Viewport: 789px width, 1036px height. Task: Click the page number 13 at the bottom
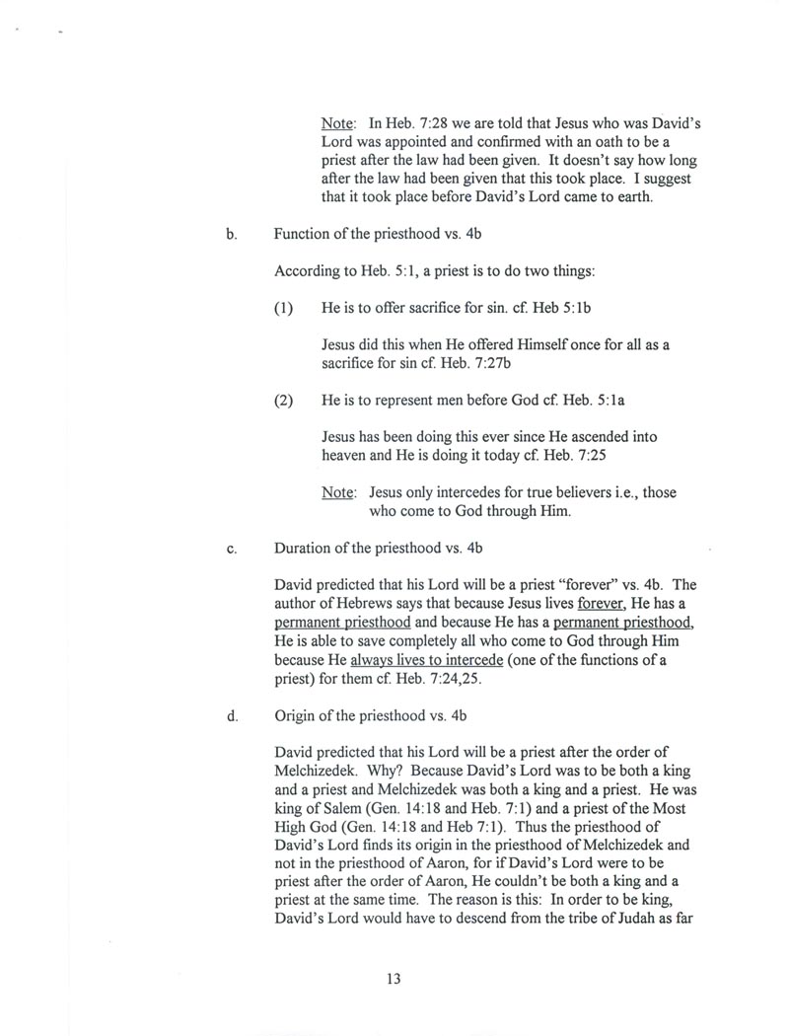tap(394, 979)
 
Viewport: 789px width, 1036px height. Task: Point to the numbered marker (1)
tap(284, 308)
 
